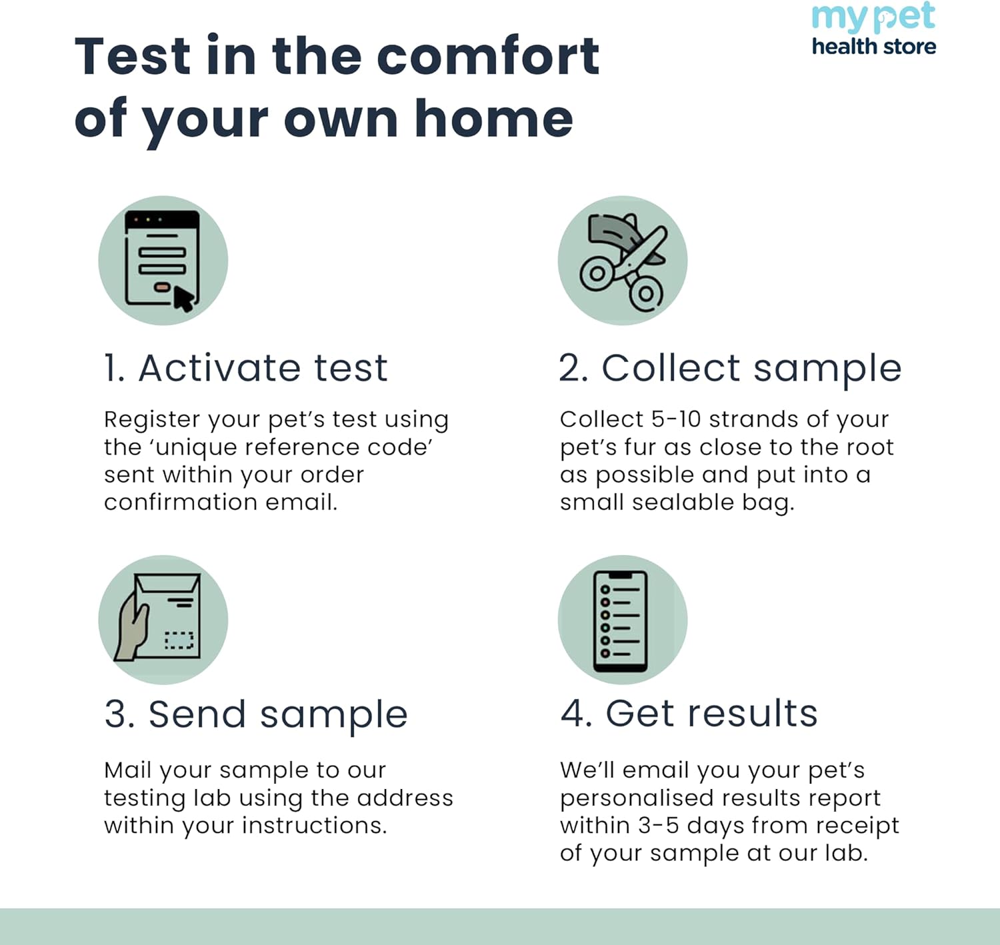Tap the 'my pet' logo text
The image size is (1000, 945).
(x=873, y=17)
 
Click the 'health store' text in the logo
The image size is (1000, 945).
(x=874, y=46)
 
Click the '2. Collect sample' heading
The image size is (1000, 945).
(x=730, y=369)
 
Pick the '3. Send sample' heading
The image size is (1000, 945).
(x=256, y=715)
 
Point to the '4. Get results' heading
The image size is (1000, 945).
(x=689, y=714)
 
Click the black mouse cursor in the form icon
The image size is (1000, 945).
(x=183, y=299)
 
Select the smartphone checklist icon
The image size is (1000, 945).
(x=620, y=621)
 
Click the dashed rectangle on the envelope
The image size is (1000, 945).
(x=179, y=640)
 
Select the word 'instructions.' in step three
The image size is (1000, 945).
(x=315, y=826)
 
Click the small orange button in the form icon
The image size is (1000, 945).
(x=162, y=287)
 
